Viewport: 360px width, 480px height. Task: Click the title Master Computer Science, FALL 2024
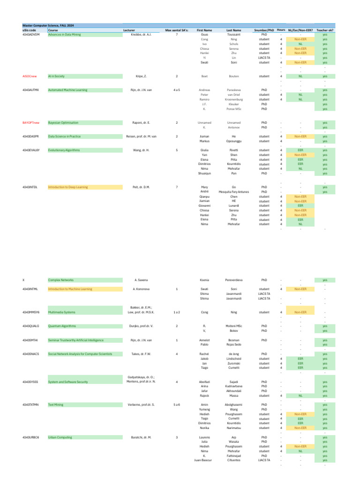click(x=48, y=25)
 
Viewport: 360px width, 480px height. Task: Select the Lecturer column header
click(x=129, y=30)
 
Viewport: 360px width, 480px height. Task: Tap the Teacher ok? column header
click(x=325, y=30)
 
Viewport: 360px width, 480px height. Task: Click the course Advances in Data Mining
click(x=65, y=34)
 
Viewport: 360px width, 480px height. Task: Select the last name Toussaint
click(x=233, y=34)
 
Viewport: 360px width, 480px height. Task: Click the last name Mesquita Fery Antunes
click(x=233, y=192)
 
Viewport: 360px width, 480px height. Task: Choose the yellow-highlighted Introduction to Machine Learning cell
click(x=70, y=289)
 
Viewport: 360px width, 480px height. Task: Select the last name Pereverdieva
click(x=233, y=280)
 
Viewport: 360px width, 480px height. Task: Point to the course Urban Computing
click(x=60, y=437)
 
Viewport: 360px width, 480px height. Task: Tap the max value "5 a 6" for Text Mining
click(x=176, y=404)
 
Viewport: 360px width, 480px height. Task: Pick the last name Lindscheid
click(x=233, y=359)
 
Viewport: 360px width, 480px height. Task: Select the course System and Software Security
click(x=68, y=382)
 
